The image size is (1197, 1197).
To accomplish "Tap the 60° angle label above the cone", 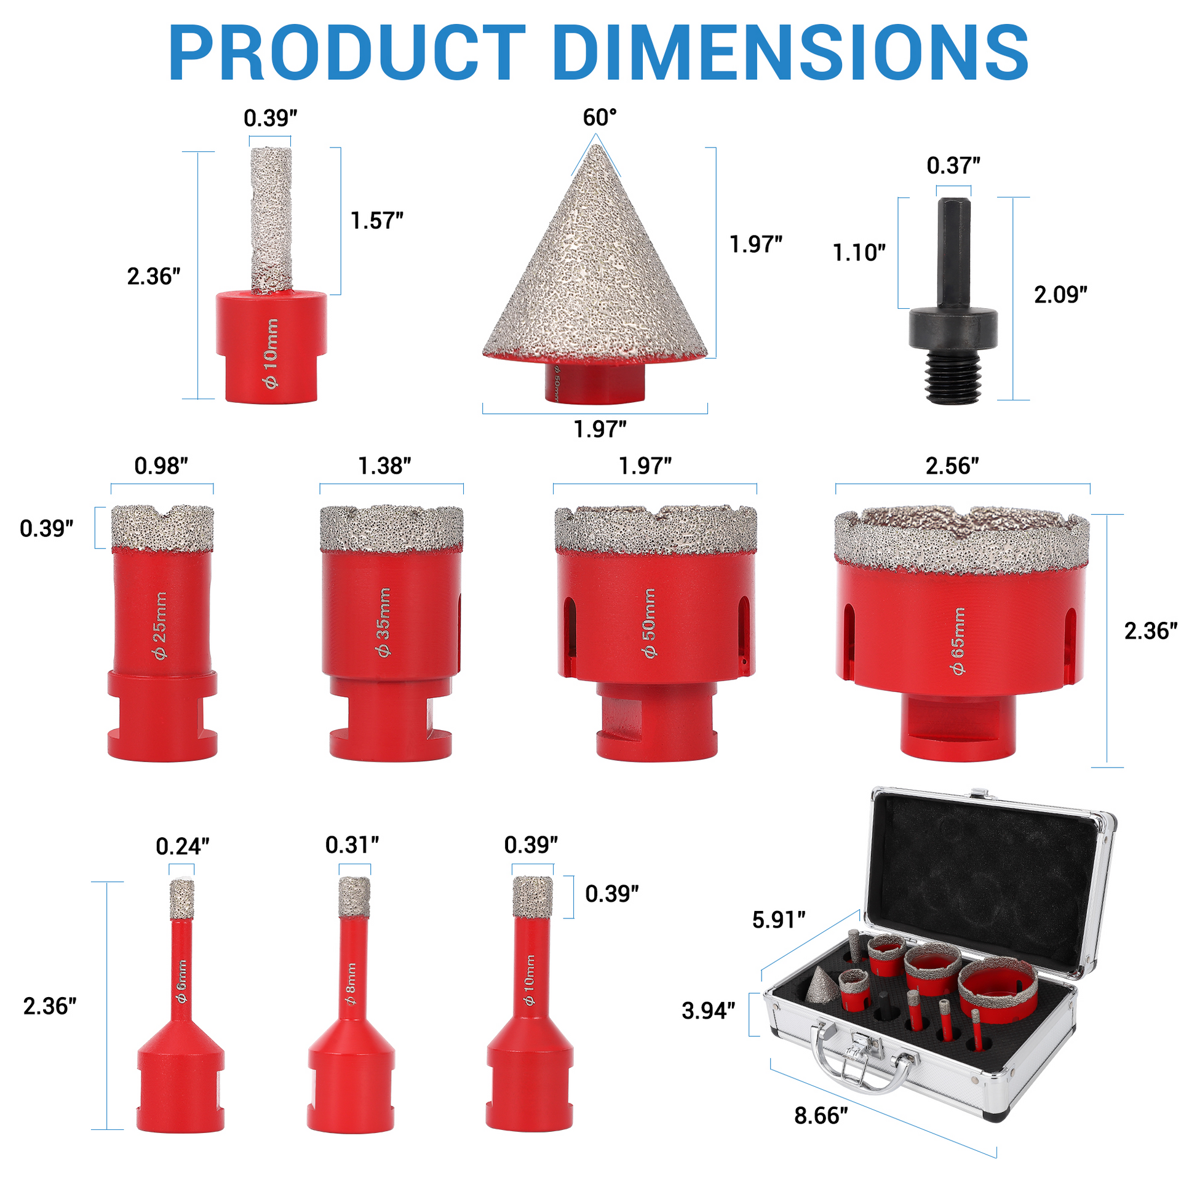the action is click(600, 117).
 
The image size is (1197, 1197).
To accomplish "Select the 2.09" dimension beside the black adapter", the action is click(1060, 294).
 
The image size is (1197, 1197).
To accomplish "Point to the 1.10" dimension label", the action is click(859, 252).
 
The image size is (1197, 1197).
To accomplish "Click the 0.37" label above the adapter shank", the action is click(953, 165).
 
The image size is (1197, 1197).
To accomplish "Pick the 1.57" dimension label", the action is click(376, 221).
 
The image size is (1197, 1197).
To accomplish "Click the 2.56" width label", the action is click(952, 466).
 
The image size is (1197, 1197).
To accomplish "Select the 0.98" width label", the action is click(161, 466).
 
